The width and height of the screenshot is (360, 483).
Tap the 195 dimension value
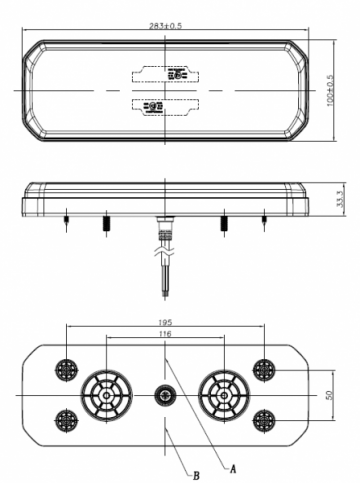pos(165,323)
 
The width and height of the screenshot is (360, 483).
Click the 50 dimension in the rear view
pos(331,393)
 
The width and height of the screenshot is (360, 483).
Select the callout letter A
pos(233,466)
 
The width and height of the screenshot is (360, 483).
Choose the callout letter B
pos(196,475)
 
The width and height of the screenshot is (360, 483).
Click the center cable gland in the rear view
pos(161,397)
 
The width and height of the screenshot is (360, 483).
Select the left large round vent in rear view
pos(102,393)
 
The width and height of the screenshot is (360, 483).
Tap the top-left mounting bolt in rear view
pos(67,370)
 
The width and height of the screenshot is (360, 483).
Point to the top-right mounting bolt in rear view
pos(263,370)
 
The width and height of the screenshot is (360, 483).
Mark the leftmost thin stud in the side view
pos(65,218)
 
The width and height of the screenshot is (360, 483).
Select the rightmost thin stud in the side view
pos(264,218)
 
